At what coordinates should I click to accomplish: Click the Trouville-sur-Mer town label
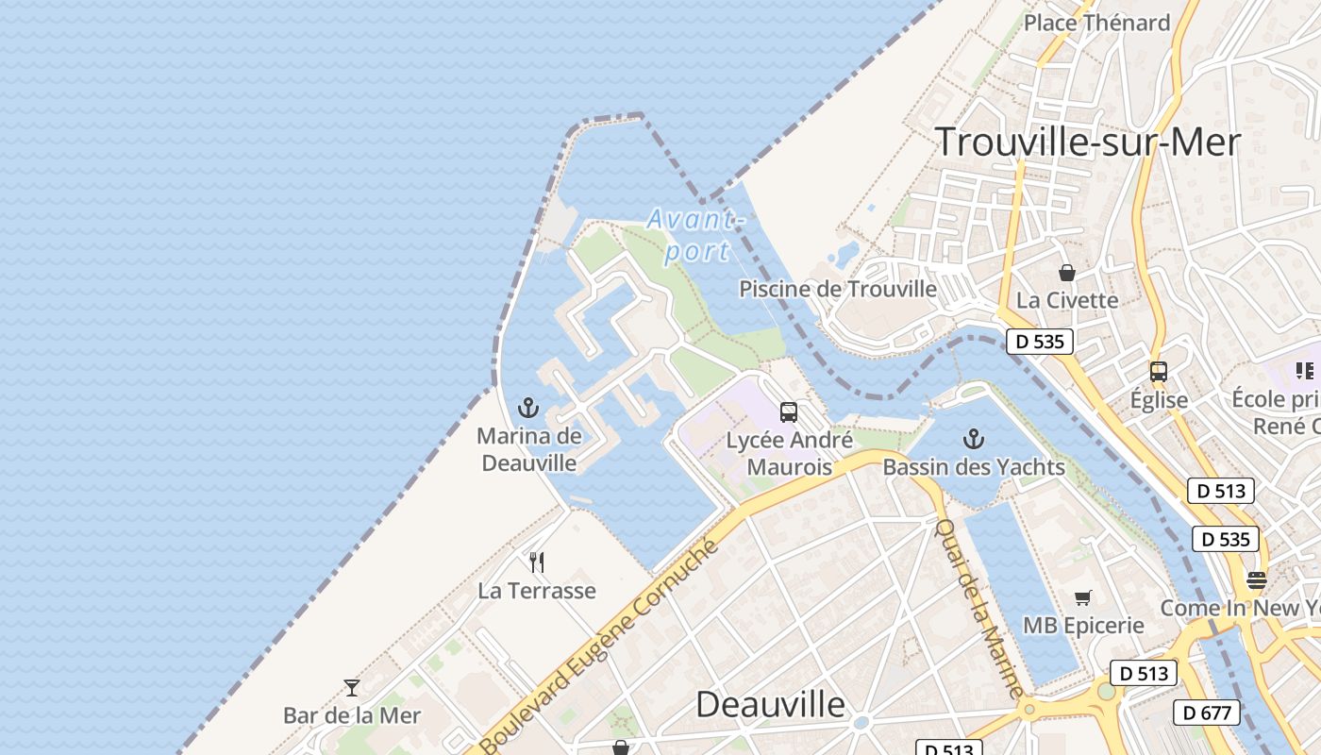tap(1087, 142)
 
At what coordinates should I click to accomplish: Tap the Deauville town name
tap(770, 704)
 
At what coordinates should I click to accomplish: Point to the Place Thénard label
tap(1096, 23)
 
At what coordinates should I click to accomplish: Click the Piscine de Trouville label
tap(838, 289)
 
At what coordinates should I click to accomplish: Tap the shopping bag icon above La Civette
tap(1066, 273)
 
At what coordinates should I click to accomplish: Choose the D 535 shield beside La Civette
tap(1040, 342)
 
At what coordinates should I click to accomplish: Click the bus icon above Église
tap(1158, 372)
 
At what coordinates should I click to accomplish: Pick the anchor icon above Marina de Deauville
tap(528, 408)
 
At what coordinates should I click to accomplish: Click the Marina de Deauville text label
tap(528, 449)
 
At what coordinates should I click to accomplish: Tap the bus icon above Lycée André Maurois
tap(788, 412)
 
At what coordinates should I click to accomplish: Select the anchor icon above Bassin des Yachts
tap(973, 439)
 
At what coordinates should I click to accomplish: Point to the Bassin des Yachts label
tap(974, 467)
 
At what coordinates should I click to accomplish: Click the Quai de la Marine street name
tap(978, 608)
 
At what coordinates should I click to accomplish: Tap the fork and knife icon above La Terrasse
tap(537, 562)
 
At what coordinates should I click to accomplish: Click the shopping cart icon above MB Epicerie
tap(1082, 597)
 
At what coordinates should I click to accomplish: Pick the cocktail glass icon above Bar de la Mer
tap(352, 688)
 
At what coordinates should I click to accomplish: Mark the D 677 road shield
tap(1206, 713)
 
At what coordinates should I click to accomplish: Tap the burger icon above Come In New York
tap(1256, 579)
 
